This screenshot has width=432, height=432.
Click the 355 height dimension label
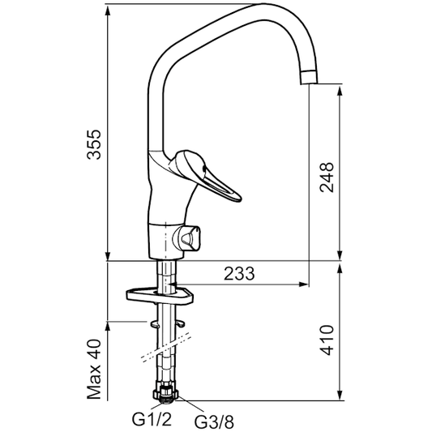pos(96,144)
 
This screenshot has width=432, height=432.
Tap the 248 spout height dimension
pos(327,172)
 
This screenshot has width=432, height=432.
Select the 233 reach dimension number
pos(239,274)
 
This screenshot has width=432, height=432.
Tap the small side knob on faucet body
pos(190,238)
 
